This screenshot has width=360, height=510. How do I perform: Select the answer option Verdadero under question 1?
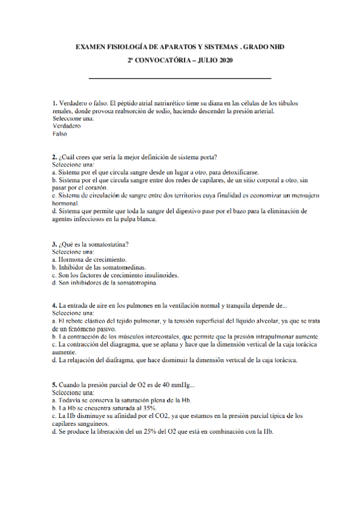(66, 126)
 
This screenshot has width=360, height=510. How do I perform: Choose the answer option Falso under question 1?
(60, 134)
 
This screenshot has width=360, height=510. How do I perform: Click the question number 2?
(54, 157)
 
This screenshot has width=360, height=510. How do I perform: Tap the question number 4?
(54, 306)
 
